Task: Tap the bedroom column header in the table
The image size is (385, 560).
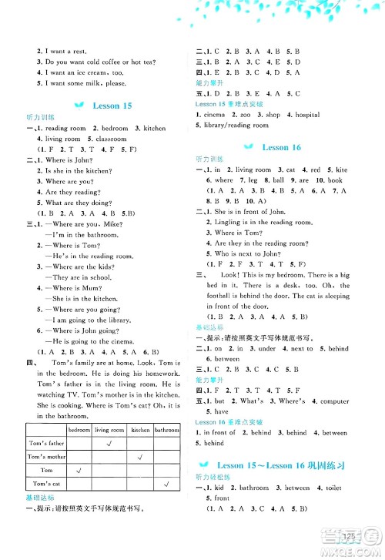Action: point(79,430)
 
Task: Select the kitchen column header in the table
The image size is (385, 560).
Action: point(140,430)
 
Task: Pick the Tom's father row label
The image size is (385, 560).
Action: point(46,444)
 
